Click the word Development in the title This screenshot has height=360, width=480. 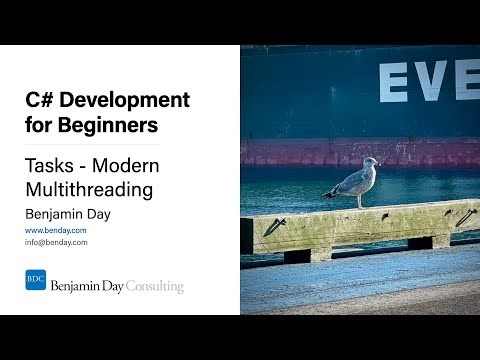[x=126, y=101]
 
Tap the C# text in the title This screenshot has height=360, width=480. [x=41, y=101]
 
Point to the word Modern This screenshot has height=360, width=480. [x=128, y=165]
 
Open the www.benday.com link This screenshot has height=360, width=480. [x=55, y=231]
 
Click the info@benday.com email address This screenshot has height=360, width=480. [x=57, y=242]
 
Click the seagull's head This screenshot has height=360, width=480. [x=370, y=163]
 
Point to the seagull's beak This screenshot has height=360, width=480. [x=379, y=164]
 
